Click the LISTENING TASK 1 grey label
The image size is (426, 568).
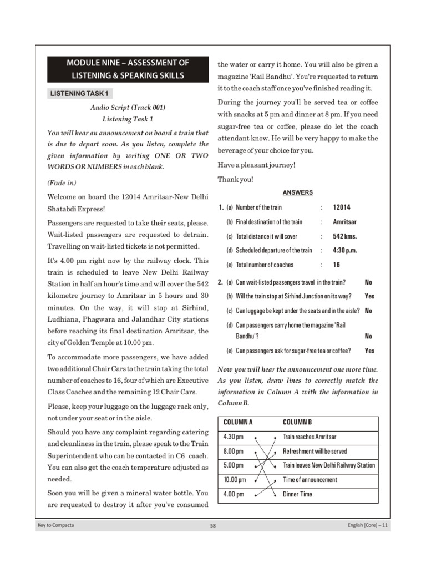80,93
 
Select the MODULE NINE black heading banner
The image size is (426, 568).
128,69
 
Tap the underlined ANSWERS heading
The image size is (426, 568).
297,192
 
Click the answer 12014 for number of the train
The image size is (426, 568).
342,207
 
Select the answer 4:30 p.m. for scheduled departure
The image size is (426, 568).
345,251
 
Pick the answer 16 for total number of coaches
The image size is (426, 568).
337,265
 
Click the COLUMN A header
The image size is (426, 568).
238,423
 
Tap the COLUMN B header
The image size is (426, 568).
297,423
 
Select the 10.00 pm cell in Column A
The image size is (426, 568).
235,480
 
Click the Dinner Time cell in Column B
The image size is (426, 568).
297,494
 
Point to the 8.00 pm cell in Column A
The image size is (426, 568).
234,452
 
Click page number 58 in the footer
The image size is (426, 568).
213,526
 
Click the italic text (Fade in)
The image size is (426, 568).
62,183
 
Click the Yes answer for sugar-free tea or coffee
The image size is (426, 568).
369,351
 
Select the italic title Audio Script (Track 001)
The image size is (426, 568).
128,108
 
